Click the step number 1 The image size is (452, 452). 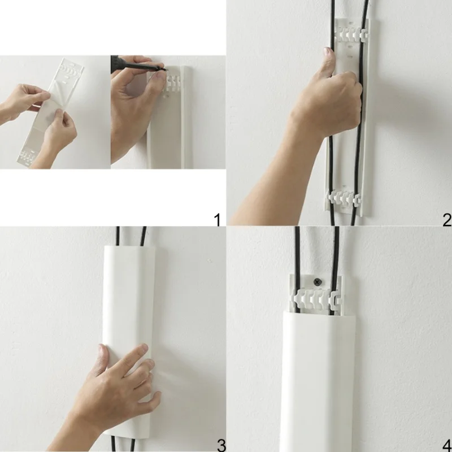click(218, 220)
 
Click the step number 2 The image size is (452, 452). click(447, 220)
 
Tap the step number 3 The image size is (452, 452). click(221, 445)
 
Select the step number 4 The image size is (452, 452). click(447, 445)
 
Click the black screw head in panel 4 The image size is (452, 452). click(318, 282)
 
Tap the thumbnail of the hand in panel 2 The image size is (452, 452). click(328, 51)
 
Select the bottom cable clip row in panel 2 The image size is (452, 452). click(345, 198)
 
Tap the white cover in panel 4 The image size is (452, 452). click(318, 380)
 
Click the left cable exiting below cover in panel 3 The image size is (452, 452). click(114, 444)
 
